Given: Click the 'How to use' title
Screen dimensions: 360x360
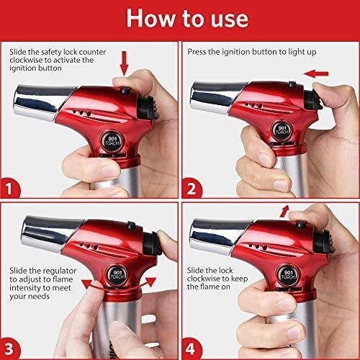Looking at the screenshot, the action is [x=187, y=19].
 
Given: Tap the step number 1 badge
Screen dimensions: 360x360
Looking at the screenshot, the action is [x=9, y=188].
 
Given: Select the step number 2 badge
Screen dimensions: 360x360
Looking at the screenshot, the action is [x=192, y=188].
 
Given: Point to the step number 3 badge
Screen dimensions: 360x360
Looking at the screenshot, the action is [x=9, y=348].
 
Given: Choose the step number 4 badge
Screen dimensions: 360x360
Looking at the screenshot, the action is [x=192, y=348].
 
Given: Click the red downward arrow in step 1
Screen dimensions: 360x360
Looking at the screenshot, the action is [x=125, y=63].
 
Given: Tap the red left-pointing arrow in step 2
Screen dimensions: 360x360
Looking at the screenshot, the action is [x=315, y=73].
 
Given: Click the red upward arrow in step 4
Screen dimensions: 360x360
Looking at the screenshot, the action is [x=284, y=211].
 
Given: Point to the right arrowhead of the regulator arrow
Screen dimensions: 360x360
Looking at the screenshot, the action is [x=150, y=282].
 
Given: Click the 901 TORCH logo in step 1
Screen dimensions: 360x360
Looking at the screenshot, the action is [x=112, y=142].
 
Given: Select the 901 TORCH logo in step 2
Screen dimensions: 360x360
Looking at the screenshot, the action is [x=282, y=130].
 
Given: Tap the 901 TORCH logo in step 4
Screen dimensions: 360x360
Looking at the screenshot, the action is [x=288, y=275].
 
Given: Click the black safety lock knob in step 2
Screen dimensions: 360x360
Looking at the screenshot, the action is [x=292, y=84].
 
